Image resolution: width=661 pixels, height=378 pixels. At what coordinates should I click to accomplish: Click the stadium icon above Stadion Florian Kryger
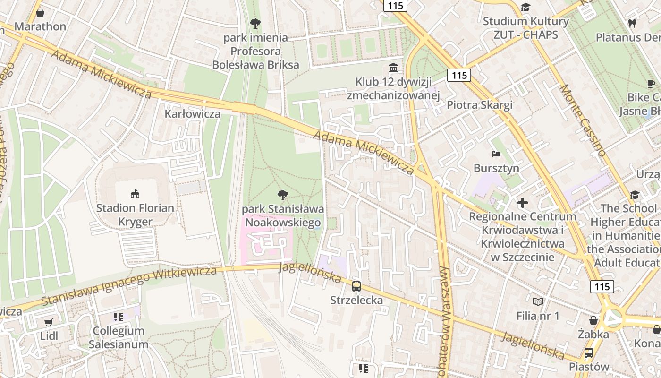[x=135, y=194]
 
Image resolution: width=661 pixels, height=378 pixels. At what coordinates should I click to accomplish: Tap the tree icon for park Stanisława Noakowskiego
[x=283, y=194]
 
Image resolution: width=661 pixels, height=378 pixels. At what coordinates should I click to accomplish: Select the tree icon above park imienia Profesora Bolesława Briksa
[x=255, y=23]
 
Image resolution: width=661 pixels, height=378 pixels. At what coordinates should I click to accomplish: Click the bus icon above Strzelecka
[x=356, y=286]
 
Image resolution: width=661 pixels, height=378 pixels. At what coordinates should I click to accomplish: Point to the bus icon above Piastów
[x=589, y=352]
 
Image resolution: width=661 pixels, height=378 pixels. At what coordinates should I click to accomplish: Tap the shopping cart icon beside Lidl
[x=48, y=322]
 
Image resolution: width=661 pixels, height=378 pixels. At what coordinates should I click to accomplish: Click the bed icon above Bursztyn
[x=496, y=154]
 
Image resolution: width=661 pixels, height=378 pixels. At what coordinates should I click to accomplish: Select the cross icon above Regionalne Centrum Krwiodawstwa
[x=522, y=203]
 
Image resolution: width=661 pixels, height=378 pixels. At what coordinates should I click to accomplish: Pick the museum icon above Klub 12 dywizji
[x=393, y=68]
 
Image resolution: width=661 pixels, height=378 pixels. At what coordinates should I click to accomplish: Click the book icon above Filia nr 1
[x=538, y=301]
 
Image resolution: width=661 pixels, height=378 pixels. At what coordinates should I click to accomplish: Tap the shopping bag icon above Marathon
[x=40, y=12]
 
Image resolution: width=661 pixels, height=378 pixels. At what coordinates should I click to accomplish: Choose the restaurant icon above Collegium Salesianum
[x=118, y=317]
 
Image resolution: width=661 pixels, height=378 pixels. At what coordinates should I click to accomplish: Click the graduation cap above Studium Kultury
[x=525, y=7]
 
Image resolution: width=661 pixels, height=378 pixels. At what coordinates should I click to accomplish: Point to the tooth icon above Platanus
[x=632, y=23]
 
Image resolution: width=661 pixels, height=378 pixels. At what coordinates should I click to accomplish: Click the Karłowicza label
[x=192, y=114]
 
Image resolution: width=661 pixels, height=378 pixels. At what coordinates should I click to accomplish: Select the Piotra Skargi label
[x=479, y=105]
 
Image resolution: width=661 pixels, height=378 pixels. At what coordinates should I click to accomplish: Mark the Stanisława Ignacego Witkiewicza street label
[x=129, y=286]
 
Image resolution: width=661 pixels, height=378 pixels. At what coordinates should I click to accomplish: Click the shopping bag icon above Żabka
[x=593, y=320]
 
